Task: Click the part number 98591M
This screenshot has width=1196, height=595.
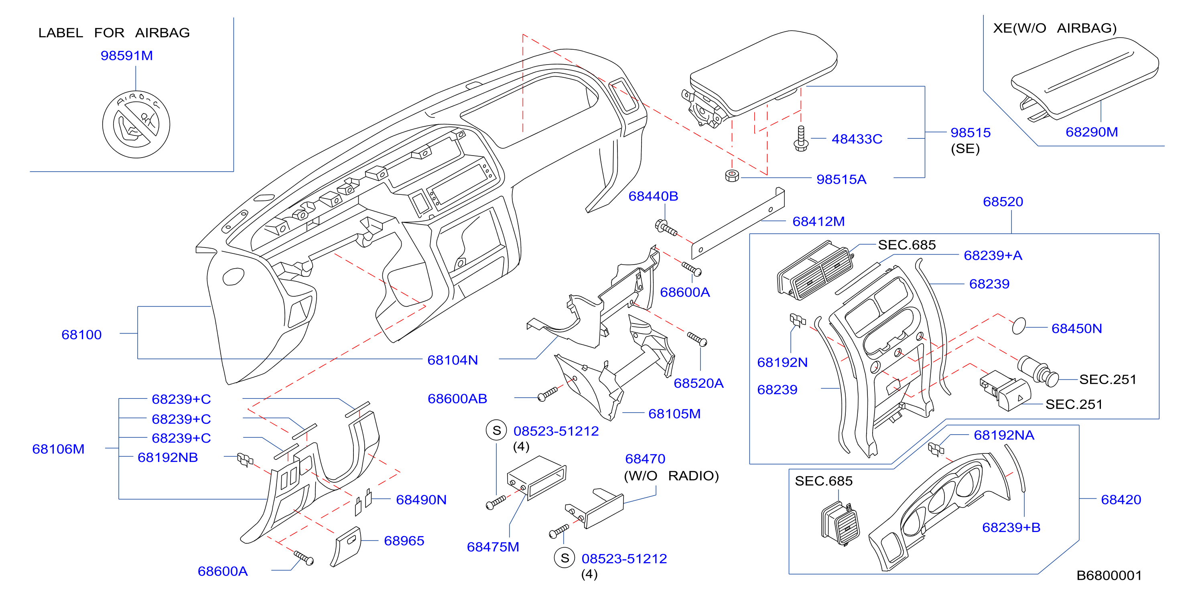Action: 127,56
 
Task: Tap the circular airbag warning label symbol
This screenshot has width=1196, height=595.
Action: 136,124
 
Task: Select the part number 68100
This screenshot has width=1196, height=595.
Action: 81,335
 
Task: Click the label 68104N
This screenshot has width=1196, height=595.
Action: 453,360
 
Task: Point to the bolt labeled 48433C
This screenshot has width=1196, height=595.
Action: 801,138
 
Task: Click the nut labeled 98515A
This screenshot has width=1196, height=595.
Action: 732,176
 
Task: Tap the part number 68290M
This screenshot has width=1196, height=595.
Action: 1092,132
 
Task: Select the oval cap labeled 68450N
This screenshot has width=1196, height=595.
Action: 1019,326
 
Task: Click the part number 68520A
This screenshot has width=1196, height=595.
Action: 699,383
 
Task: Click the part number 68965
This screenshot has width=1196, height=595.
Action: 404,541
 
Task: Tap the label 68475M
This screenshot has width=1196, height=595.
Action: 493,547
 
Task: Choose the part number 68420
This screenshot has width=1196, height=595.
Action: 1121,500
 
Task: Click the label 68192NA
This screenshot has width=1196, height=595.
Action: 1004,435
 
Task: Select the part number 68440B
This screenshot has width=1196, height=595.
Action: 653,196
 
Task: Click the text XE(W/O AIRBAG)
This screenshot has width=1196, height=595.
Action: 1055,28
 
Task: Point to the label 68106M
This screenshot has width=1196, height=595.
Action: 58,449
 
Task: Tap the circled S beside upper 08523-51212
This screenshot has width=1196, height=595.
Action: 496,431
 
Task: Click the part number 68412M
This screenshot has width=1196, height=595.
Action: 818,221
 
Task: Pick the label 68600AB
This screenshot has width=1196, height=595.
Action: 457,399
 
